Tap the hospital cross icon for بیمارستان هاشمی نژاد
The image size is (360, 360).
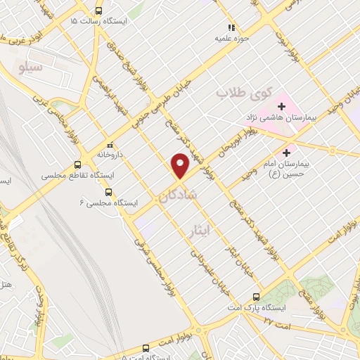[281, 106]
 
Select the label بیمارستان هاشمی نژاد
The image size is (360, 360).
[282, 117]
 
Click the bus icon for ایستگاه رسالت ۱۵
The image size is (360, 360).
[98, 11]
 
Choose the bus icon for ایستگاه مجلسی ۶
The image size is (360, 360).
[108, 191]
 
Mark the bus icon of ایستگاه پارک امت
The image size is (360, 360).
[255, 297]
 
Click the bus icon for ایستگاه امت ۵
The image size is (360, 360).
[146, 347]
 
